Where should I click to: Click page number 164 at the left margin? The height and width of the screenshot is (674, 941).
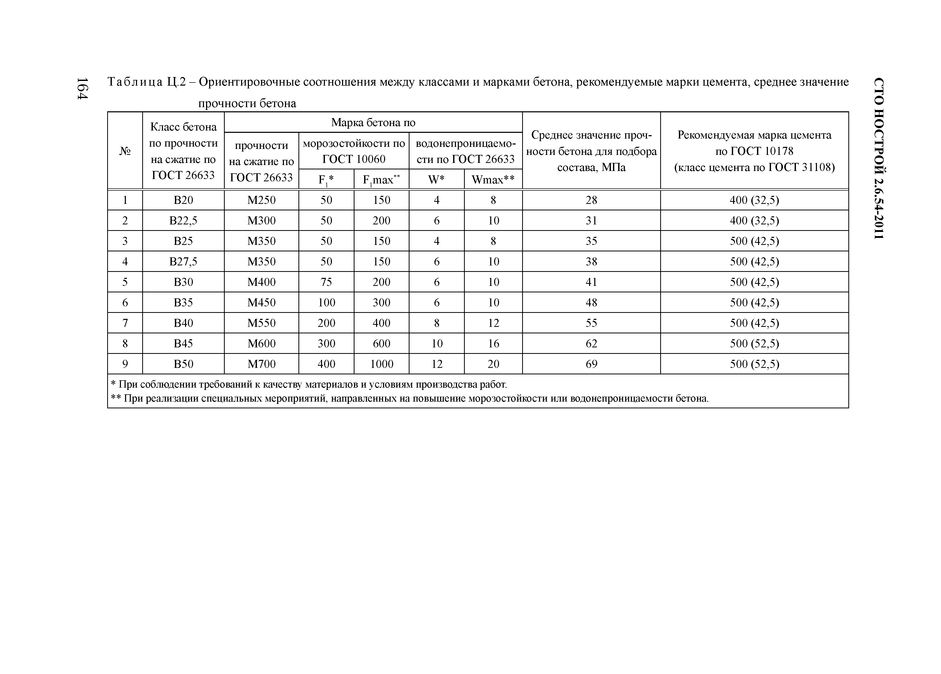pyautogui.click(x=82, y=88)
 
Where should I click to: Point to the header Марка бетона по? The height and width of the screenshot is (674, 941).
pyautogui.click(x=373, y=122)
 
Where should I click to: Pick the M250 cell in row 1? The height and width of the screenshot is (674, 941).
pyautogui.click(x=261, y=200)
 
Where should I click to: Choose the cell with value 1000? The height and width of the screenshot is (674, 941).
pyautogui.click(x=381, y=364)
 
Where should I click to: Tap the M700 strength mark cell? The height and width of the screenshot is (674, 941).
pyautogui.click(x=261, y=364)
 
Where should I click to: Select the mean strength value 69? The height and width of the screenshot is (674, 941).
pyautogui.click(x=591, y=364)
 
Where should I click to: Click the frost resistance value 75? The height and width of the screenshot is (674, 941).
pyautogui.click(x=326, y=282)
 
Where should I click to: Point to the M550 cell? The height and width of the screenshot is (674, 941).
pyautogui.click(x=261, y=323)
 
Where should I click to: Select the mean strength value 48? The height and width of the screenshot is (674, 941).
pyautogui.click(x=591, y=302)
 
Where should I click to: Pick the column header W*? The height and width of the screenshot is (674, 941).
pyautogui.click(x=437, y=179)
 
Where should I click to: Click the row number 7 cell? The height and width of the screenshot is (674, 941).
pyautogui.click(x=125, y=323)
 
